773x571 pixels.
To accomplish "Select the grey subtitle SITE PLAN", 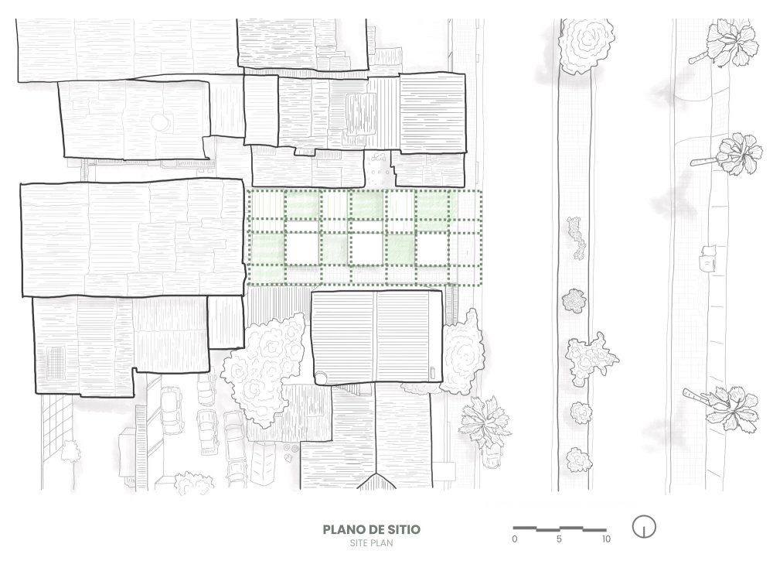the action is tap(372, 543).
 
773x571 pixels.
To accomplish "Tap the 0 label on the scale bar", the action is tap(515, 539).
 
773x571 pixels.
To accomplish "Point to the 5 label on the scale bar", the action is tap(559, 539).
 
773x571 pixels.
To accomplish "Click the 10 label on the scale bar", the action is tap(606, 539).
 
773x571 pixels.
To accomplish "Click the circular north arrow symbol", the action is tap(644, 527).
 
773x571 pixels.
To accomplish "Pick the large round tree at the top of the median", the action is tap(587, 43).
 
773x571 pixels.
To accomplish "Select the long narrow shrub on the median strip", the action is tap(574, 238).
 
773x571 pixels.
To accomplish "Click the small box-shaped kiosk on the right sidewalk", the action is tap(707, 258).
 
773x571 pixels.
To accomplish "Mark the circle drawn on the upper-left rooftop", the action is tap(162, 122).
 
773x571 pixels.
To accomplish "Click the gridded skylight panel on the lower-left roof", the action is tap(56, 362).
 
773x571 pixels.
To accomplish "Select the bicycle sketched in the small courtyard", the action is tap(378, 158).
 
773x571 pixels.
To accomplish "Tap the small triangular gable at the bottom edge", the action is tap(376, 481).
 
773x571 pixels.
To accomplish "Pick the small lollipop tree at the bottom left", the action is tap(70, 451).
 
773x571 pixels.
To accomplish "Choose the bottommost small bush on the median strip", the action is tap(578, 460).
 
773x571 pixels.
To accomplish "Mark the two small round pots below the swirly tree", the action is tap(291, 448).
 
